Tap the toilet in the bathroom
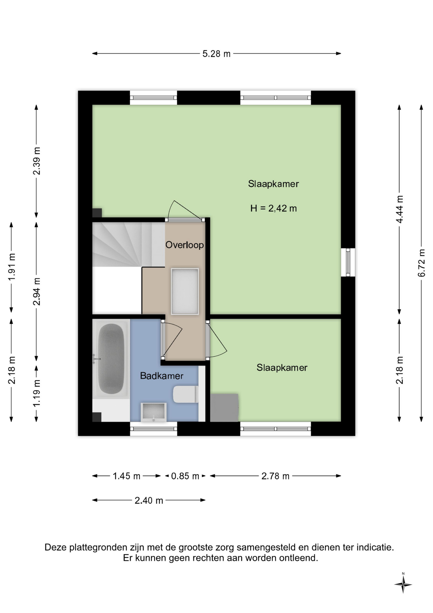[186, 394]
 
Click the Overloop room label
[184, 245]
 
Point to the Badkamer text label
[162, 376]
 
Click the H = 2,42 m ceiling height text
[274, 208]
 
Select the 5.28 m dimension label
[216, 54]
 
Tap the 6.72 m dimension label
[422, 263]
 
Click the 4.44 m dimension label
[400, 209]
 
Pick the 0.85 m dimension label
[185, 476]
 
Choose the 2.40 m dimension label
[149, 500]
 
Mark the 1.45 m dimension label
[127, 476]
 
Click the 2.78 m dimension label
[275, 476]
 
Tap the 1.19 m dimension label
[37, 393]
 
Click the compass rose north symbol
[403, 585]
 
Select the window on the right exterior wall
[348, 262]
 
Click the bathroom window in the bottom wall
[153, 428]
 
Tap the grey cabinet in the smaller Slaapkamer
[224, 408]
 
